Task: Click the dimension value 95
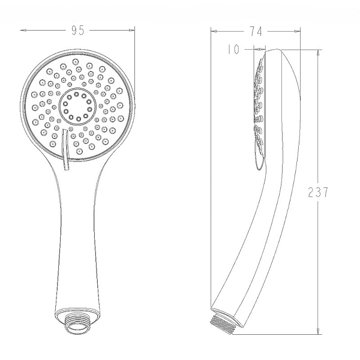click(78, 31)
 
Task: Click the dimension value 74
click(256, 31)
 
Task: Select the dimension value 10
click(233, 49)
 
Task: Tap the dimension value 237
click(318, 192)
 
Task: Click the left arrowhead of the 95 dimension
click(23, 30)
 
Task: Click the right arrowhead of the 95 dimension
click(131, 30)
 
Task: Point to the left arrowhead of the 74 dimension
click(214, 31)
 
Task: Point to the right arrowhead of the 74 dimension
click(297, 31)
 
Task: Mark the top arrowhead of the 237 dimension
click(318, 53)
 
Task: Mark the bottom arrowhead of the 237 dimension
click(318, 331)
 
